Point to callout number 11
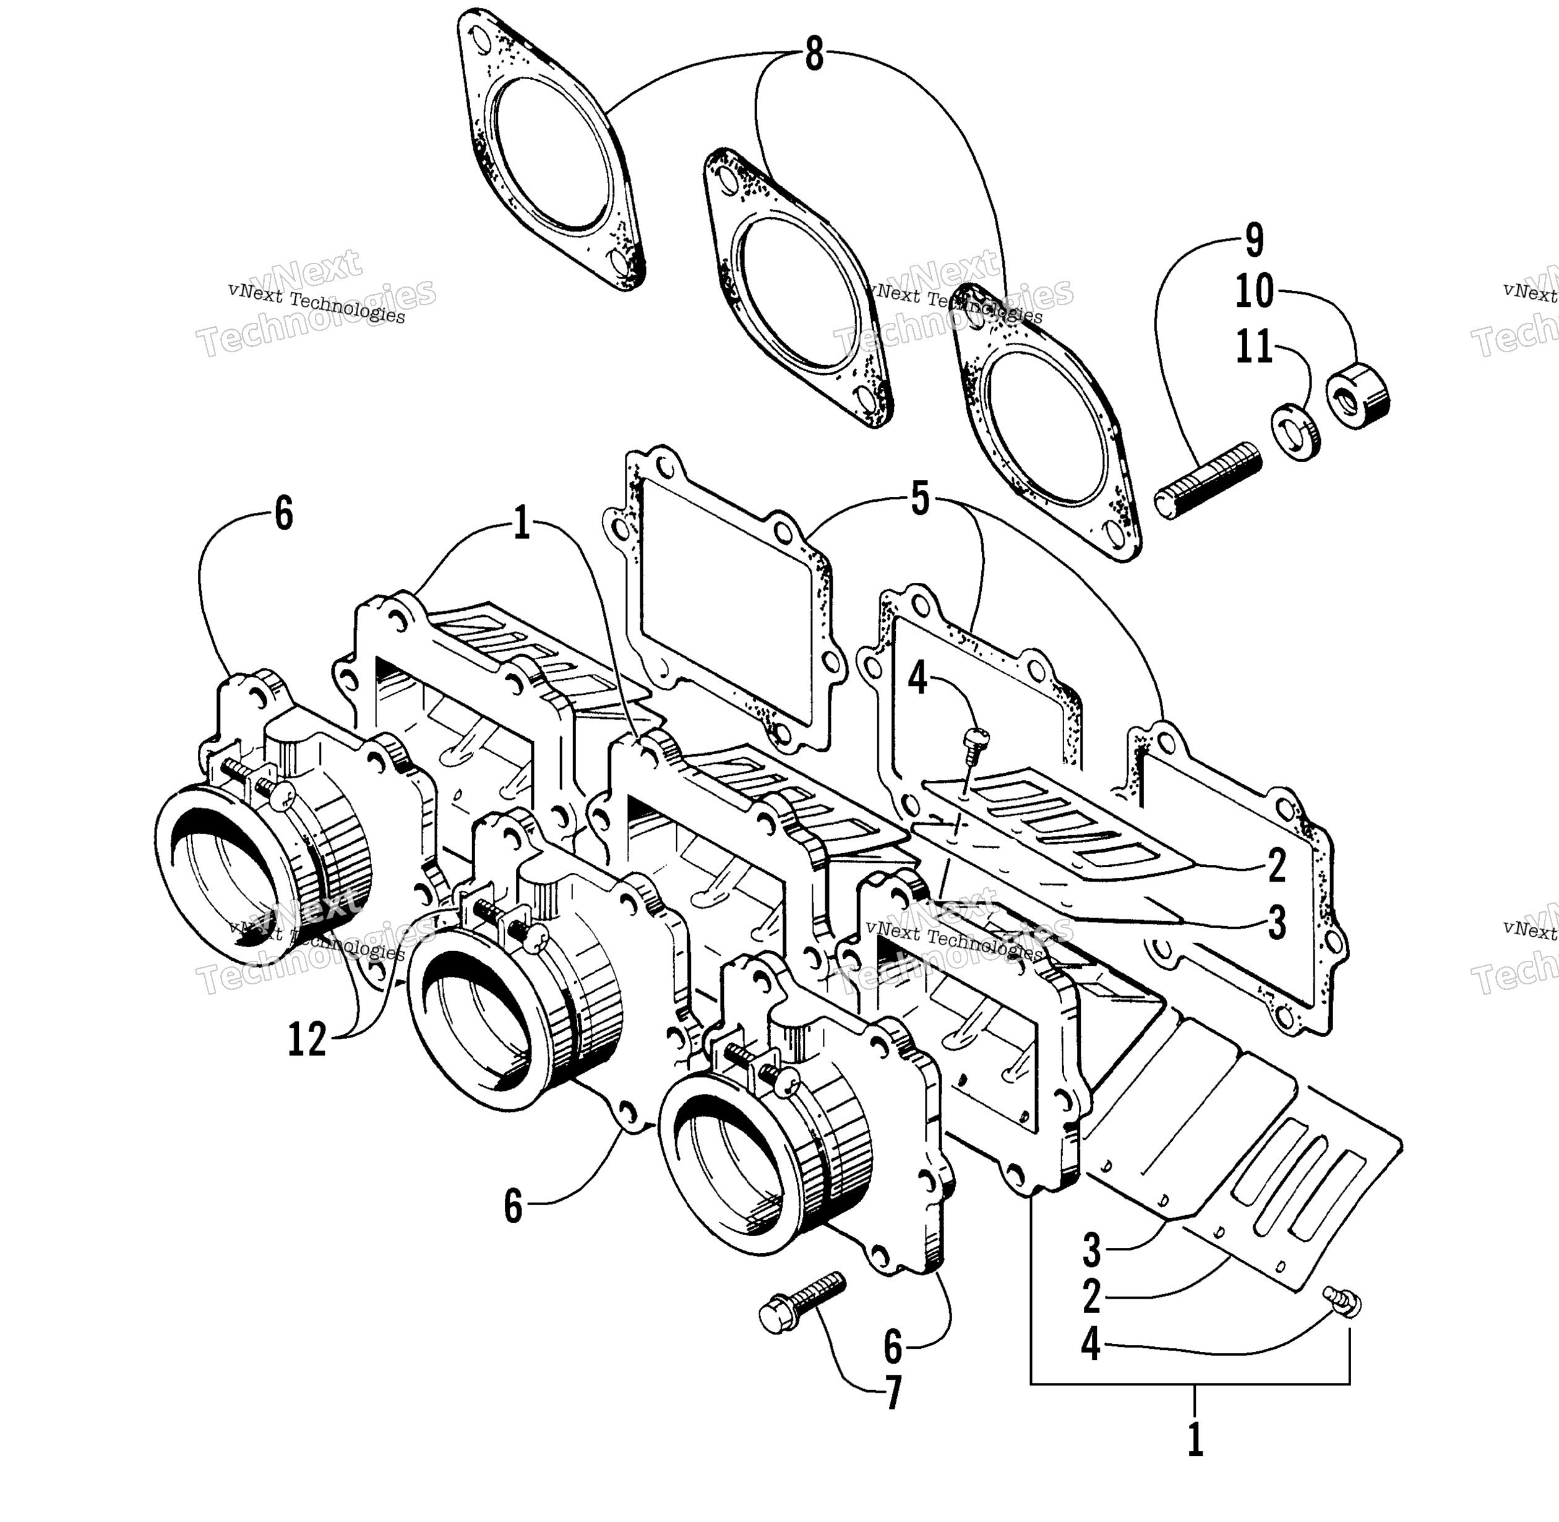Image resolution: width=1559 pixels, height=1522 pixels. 1253,347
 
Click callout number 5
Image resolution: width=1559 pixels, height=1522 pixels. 920,501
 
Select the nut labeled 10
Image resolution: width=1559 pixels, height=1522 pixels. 1357,395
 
